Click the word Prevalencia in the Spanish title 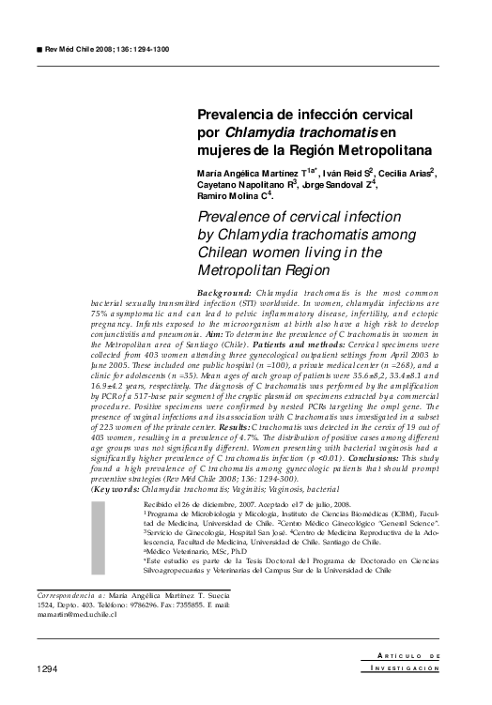pos(238,115)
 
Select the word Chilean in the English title pos(226,253)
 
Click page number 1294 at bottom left pos(48,668)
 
